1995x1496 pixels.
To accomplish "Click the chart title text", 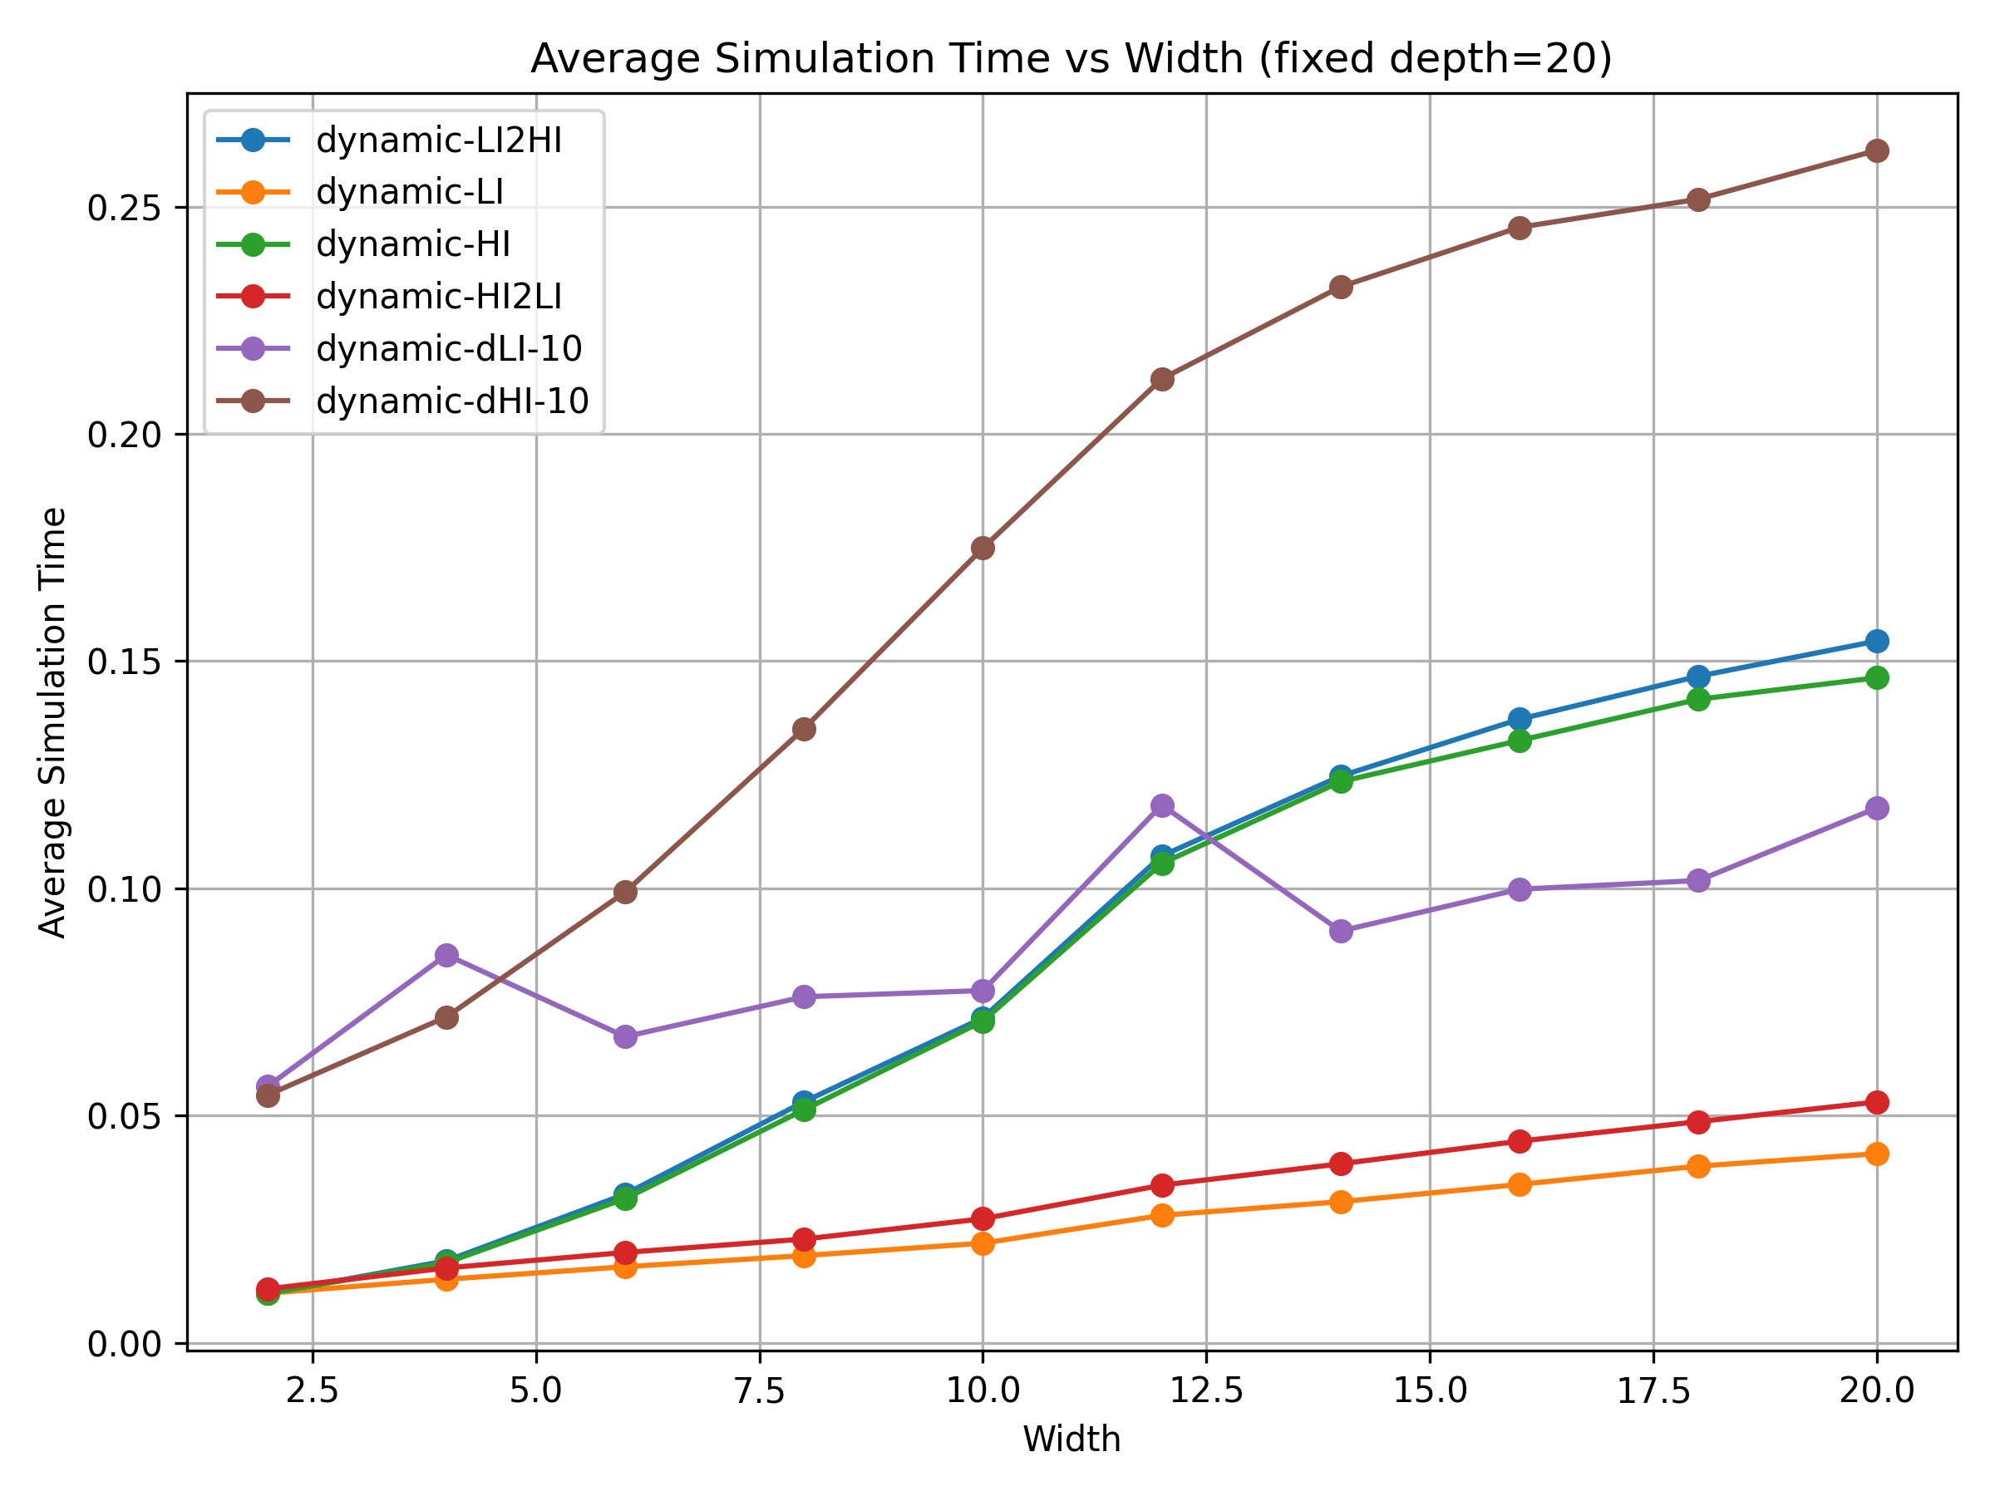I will pyautogui.click(x=1071, y=60).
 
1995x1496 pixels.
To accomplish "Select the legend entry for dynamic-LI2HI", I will pyautogui.click(x=438, y=140).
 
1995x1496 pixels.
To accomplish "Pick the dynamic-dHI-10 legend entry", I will pyautogui.click(x=452, y=401).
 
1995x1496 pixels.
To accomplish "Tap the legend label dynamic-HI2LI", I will pyautogui.click(x=438, y=297).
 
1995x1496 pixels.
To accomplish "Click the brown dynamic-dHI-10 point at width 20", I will pyautogui.click(x=1877, y=150).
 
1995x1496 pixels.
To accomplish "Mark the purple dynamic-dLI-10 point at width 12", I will pyautogui.click(x=1163, y=805).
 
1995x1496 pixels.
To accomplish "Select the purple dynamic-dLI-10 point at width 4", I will pyautogui.click(x=446, y=955).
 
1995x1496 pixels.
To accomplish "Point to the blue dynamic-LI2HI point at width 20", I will pyautogui.click(x=1877, y=641).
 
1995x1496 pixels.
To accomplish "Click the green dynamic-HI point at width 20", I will pyautogui.click(x=1877, y=677).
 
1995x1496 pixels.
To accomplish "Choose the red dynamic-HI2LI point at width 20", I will pyautogui.click(x=1877, y=1102).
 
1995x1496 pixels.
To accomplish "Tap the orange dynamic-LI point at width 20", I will pyautogui.click(x=1877, y=1154).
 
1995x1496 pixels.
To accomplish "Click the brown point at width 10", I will pyautogui.click(x=983, y=549).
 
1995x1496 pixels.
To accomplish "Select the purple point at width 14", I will pyautogui.click(x=1341, y=931).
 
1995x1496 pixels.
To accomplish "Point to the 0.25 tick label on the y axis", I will pyautogui.click(x=124, y=209).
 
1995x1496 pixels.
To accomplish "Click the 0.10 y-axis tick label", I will pyautogui.click(x=124, y=889).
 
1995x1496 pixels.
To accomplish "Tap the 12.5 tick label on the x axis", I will pyautogui.click(x=1207, y=1392).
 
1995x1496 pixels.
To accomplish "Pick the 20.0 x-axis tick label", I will pyautogui.click(x=1877, y=1392).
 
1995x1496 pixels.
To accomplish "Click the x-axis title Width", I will pyautogui.click(x=1071, y=1440).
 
